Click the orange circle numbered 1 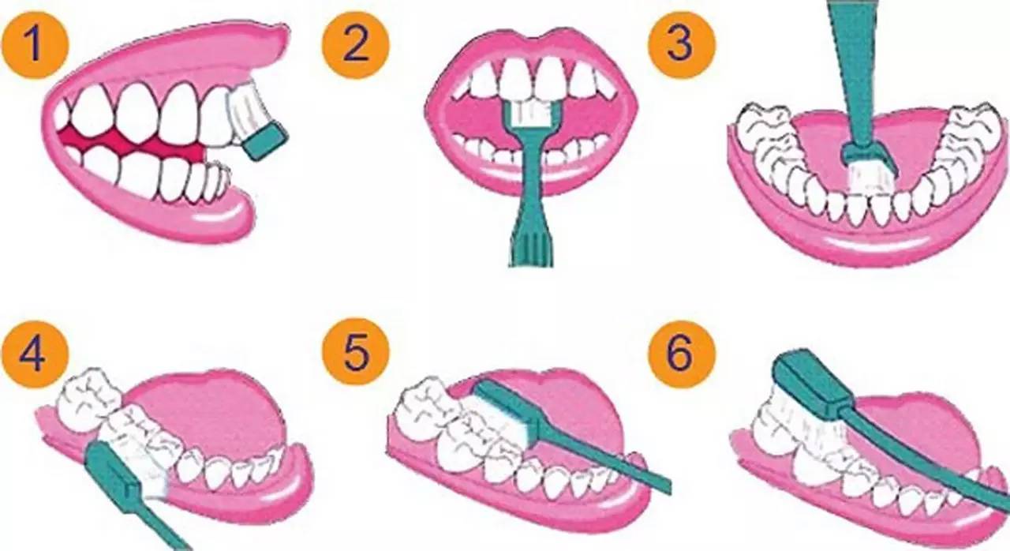point(35,43)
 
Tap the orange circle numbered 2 point(355,43)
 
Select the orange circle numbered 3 point(681,43)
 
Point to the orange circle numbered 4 point(35,354)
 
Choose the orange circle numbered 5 point(355,354)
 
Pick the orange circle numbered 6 point(681,354)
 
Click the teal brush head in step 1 point(264,141)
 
